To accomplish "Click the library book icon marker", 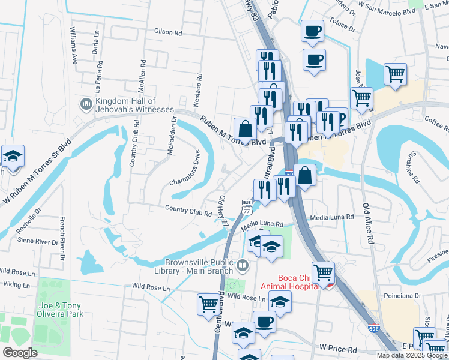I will point(243,264).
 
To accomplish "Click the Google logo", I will point(20,353).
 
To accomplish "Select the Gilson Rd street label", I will point(167,31).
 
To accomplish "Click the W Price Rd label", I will point(338,348).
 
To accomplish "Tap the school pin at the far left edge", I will point(12,157).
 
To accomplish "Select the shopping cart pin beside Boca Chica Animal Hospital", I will point(324,272).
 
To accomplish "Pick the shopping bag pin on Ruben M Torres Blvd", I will point(245,128).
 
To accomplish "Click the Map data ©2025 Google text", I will point(412,355).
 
